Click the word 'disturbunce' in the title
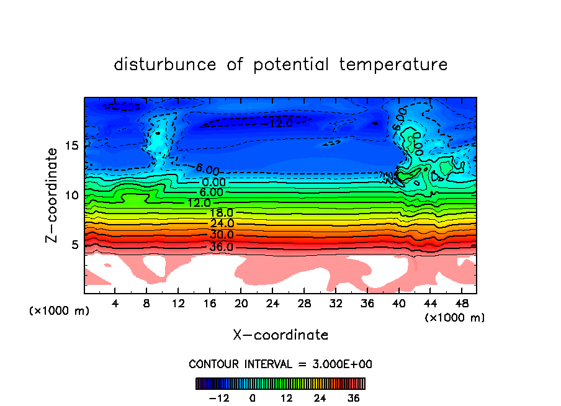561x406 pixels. (x=165, y=65)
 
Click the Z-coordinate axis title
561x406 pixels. (x=53, y=194)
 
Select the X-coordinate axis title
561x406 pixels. (x=280, y=335)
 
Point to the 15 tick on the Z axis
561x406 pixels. (x=72, y=145)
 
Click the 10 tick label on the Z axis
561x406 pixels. (x=72, y=195)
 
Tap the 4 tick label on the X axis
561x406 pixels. (x=115, y=304)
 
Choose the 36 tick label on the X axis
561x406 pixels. (x=367, y=304)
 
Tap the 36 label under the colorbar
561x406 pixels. (x=354, y=398)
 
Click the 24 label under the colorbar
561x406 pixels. (x=320, y=398)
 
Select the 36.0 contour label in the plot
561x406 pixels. (x=221, y=247)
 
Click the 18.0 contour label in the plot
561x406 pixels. (x=221, y=214)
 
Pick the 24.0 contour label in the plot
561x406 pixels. (x=222, y=223)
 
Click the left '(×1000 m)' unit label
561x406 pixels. (x=60, y=310)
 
